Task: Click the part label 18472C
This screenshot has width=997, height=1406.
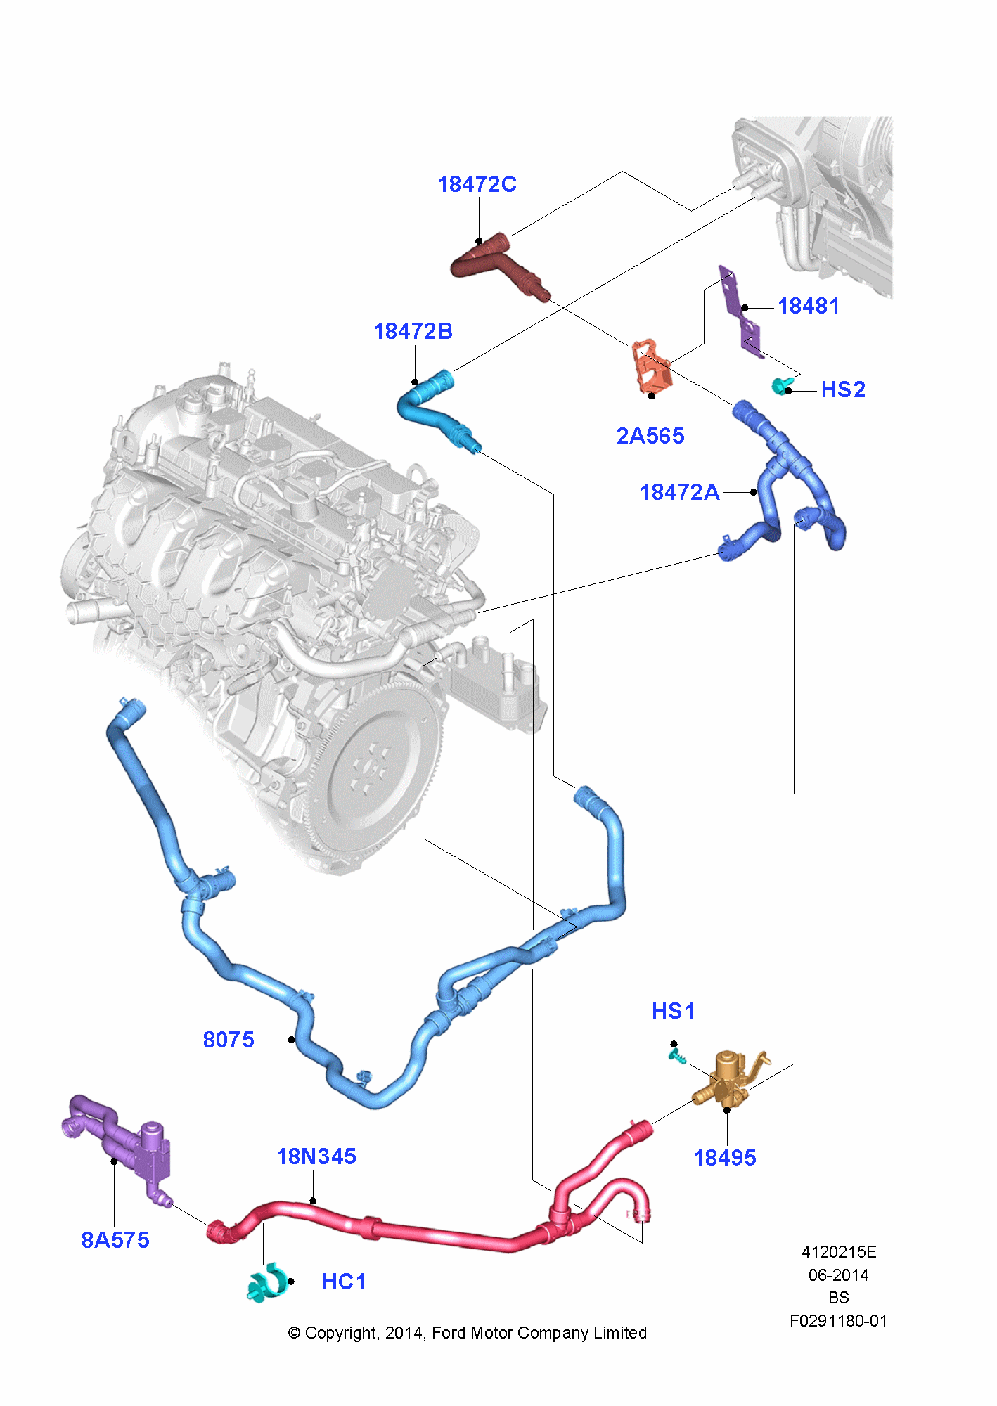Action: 477,184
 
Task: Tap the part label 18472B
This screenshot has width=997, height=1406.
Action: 413,331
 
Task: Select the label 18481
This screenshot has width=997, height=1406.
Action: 809,306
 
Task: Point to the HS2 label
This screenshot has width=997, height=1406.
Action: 842,389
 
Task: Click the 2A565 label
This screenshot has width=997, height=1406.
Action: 650,436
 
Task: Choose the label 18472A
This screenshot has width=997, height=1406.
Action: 679,492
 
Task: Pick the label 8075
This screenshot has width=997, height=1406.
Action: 228,1040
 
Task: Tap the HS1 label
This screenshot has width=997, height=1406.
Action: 673,1011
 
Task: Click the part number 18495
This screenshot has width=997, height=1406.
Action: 724,1158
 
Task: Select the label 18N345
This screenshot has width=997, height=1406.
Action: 316,1156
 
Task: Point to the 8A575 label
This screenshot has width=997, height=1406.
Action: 115,1240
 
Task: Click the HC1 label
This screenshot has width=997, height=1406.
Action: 344,1282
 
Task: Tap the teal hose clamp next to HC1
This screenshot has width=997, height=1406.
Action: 267,1283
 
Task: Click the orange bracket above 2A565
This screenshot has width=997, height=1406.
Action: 652,367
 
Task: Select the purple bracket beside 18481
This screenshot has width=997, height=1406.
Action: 740,309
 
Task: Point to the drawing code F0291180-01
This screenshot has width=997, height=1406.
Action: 838,1321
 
